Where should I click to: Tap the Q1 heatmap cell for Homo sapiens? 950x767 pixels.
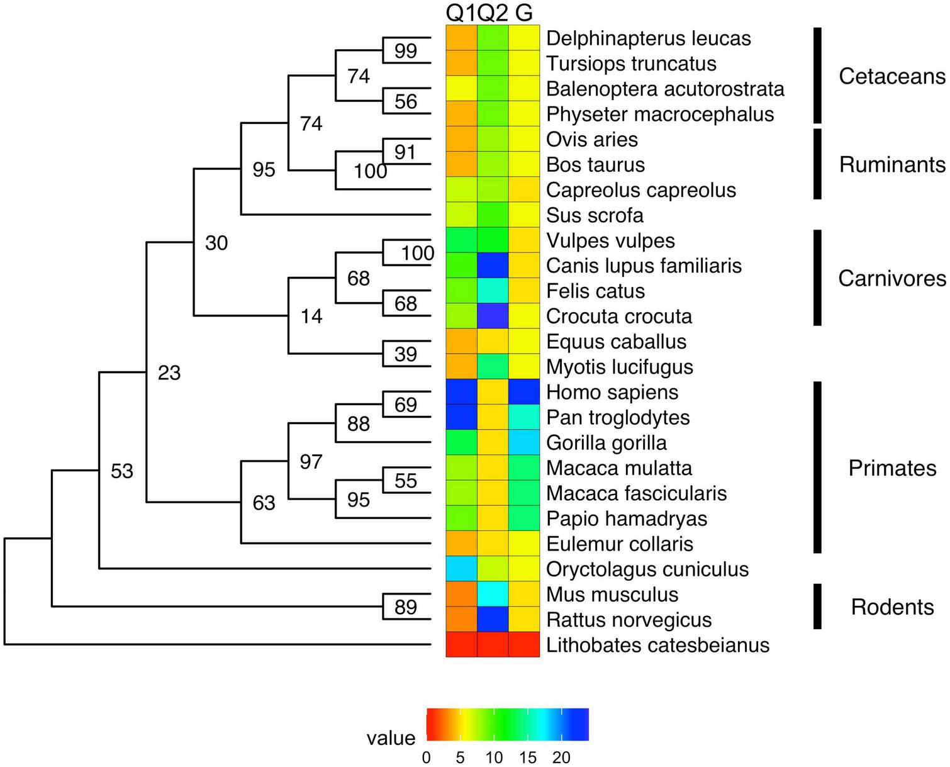click(461, 391)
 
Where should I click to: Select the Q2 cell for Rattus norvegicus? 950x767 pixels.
click(493, 619)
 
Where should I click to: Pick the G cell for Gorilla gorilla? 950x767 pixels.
click(524, 442)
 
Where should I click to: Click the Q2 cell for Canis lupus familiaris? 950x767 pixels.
click(493, 266)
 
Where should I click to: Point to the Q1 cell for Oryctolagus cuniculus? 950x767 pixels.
click(461, 569)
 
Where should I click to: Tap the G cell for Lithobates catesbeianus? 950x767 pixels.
click(524, 644)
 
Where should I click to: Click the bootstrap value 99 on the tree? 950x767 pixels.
click(406, 50)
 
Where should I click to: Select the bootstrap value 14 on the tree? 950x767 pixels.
click(311, 316)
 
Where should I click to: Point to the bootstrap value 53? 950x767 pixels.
click(122, 471)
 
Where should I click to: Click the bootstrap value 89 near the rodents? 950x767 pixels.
click(406, 607)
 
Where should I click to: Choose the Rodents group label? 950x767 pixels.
click(891, 607)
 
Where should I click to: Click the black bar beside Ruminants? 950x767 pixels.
click(817, 164)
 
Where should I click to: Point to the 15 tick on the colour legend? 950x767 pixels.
click(528, 757)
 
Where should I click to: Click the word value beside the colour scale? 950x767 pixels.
click(391, 737)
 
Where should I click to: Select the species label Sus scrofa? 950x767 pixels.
click(595, 215)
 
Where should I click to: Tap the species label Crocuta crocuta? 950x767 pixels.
click(618, 316)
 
